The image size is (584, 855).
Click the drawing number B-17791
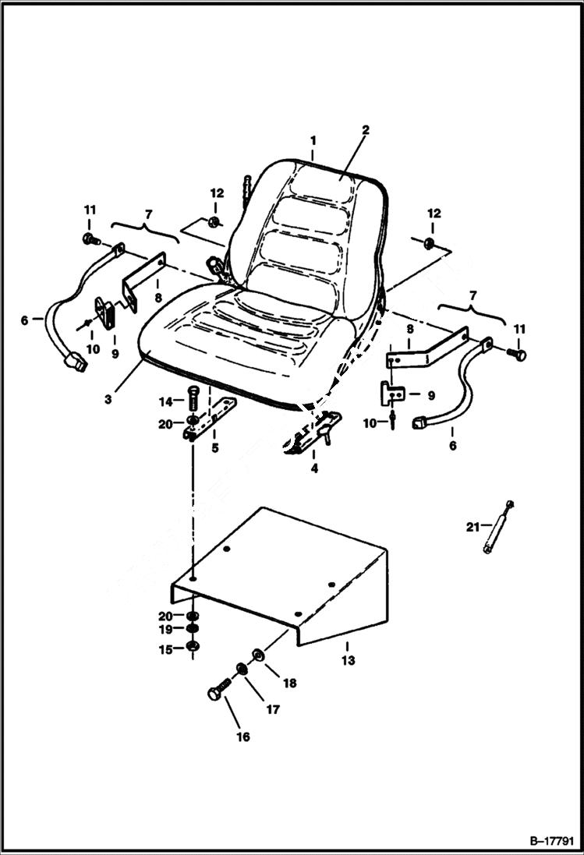pos(549,841)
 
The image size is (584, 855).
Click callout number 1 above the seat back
pos(313,141)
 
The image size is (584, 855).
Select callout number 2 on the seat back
pos(364,130)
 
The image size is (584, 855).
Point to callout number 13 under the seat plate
pos(348,660)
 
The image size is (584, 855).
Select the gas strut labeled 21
pos(497,528)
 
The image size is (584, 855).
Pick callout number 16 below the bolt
pos(243,737)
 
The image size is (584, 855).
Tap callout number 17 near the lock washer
pos(273,709)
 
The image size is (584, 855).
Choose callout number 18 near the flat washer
pos(289,683)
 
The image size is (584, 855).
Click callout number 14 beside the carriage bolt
pos(166,401)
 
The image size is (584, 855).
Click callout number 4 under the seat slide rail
pos(313,468)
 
